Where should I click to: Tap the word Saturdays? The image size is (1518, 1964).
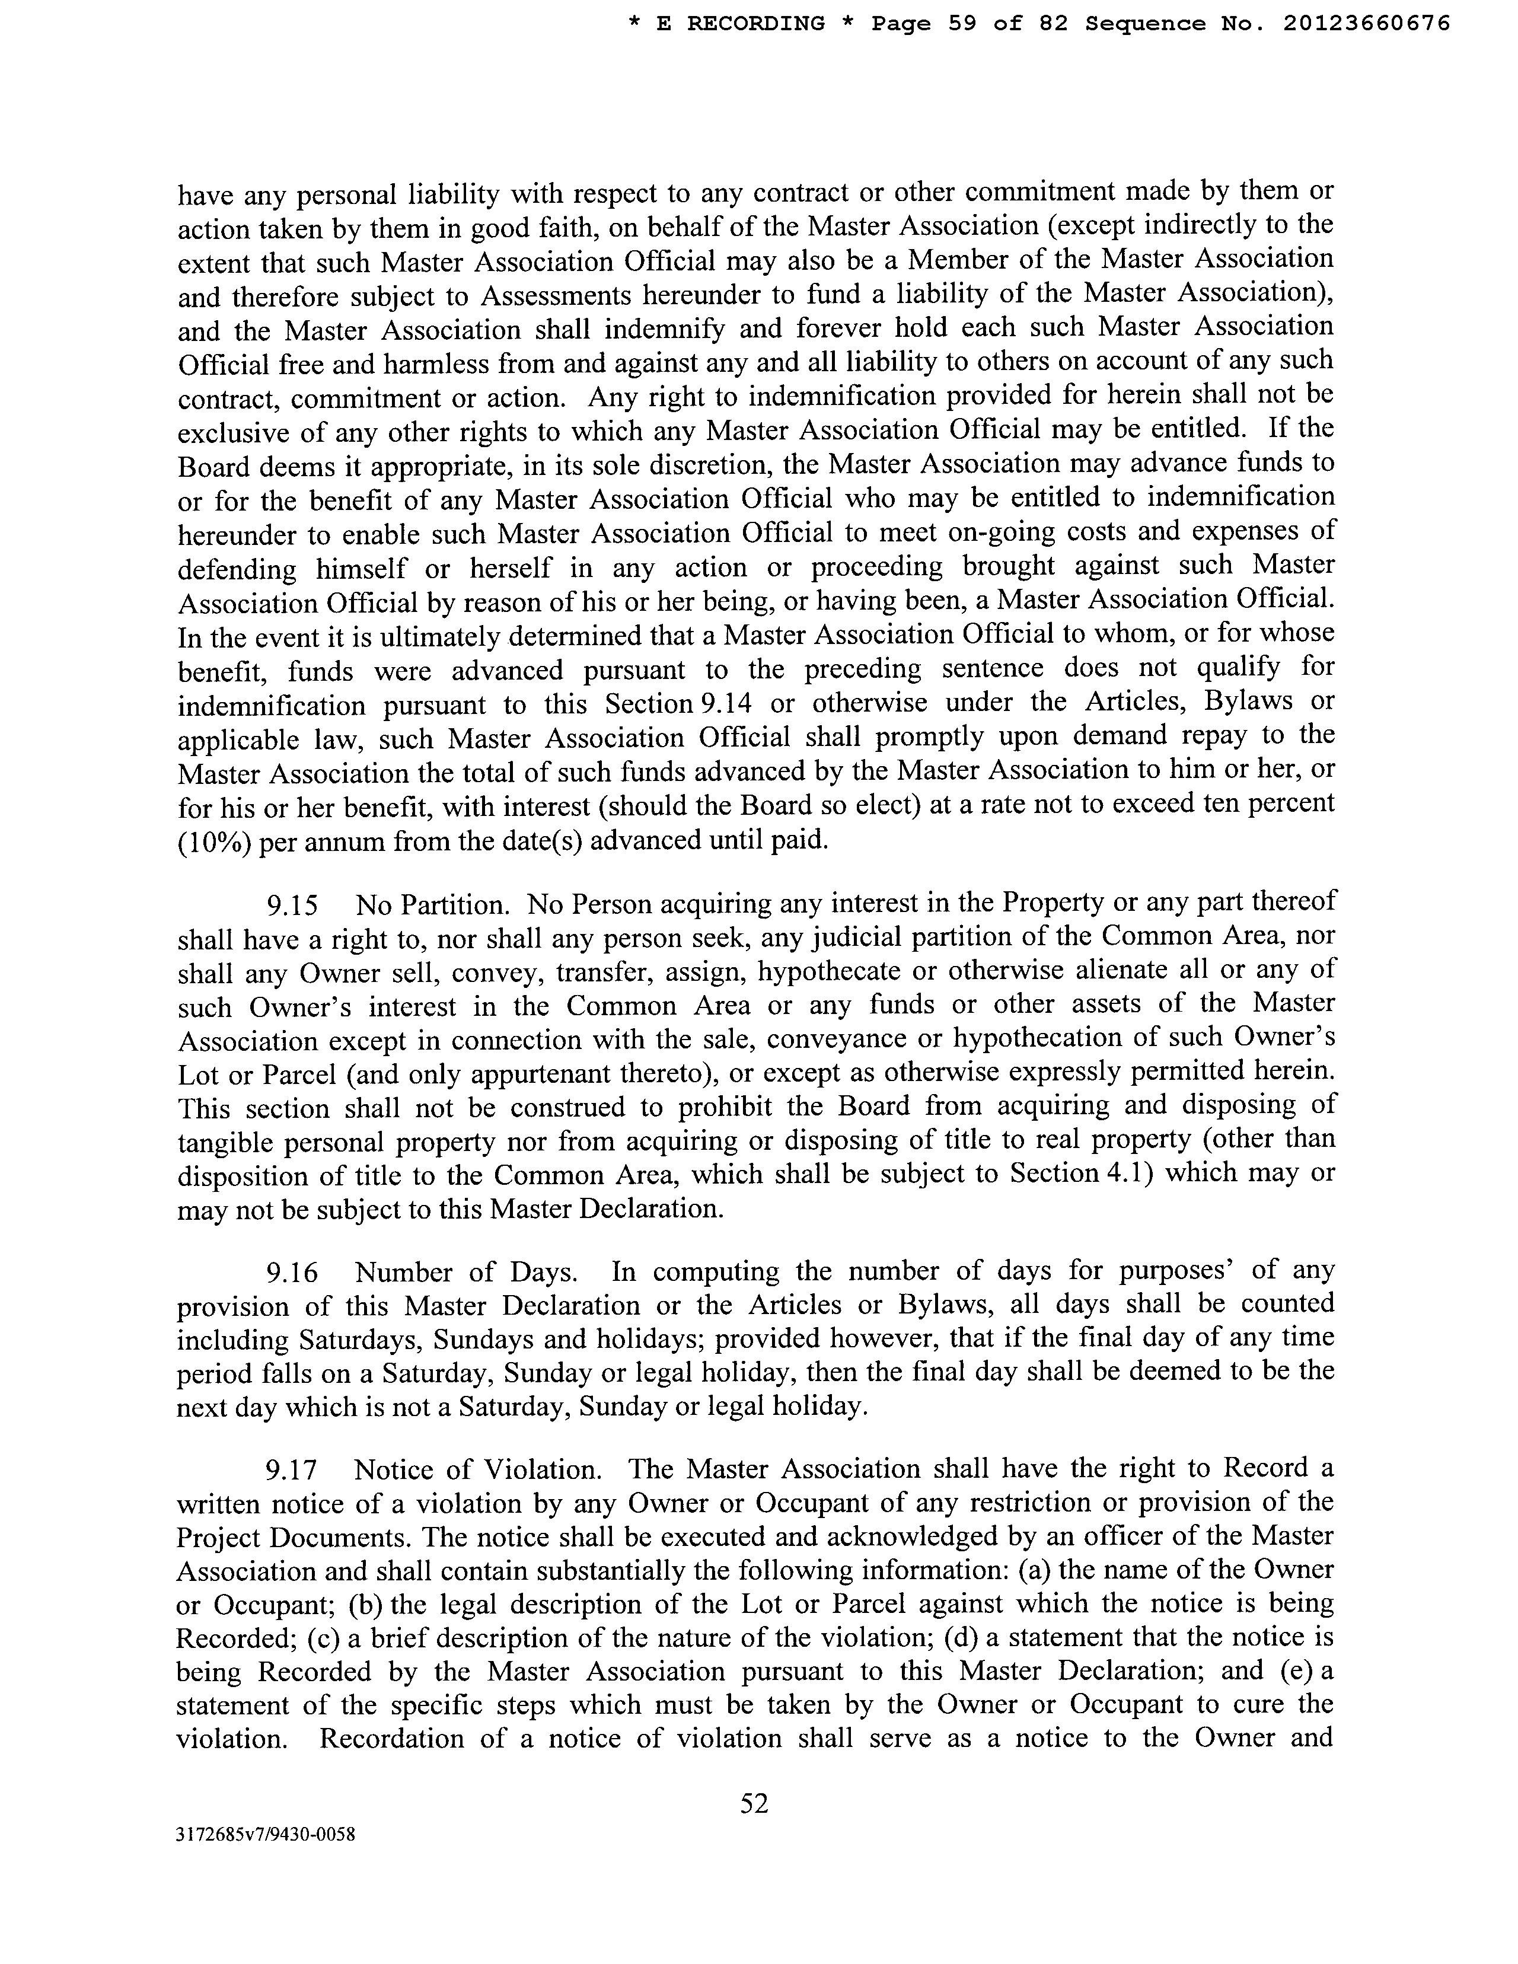[360, 1340]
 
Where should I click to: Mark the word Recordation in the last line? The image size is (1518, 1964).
[391, 1737]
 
